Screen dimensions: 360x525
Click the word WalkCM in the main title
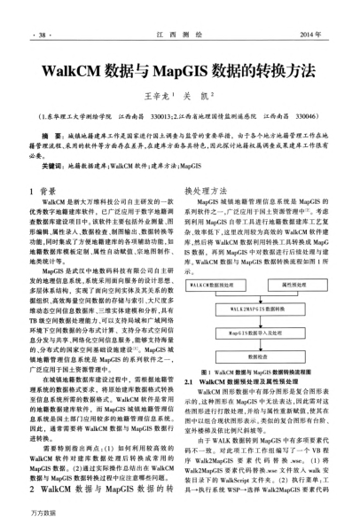click(x=98, y=68)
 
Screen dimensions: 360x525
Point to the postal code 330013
click(x=165, y=114)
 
